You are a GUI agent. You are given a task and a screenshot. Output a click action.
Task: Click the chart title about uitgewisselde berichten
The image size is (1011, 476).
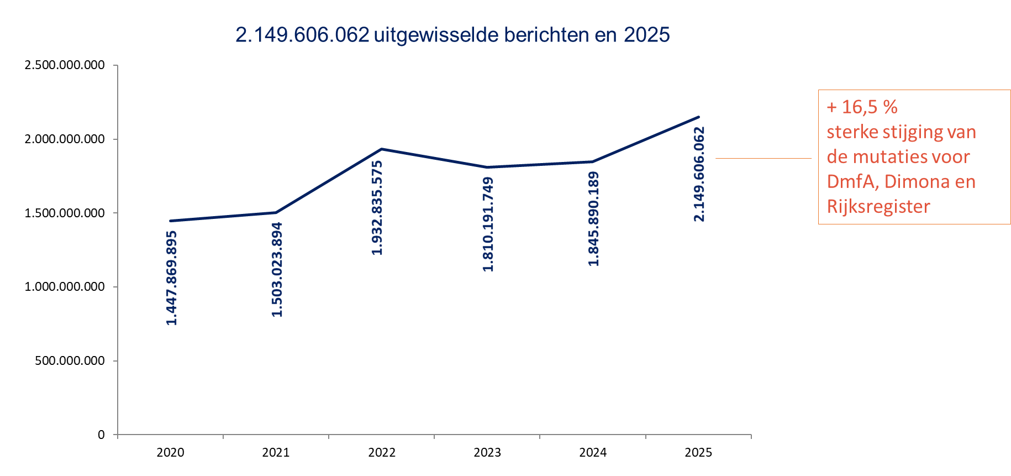[452, 35]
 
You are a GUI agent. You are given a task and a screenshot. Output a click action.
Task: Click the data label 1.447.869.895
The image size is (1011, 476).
[172, 278]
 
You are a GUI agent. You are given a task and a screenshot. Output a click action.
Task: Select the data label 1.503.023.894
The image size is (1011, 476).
[277, 269]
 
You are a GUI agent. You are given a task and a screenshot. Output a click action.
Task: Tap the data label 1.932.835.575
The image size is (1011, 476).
[377, 208]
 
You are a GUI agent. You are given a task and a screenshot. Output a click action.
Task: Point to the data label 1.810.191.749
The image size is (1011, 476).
[488, 224]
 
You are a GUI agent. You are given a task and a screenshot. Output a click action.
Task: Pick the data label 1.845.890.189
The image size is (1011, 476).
[594, 219]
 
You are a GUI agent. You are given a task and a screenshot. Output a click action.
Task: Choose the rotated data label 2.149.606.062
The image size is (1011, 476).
[699, 174]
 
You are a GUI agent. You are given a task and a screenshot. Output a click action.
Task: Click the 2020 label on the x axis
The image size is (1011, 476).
[170, 453]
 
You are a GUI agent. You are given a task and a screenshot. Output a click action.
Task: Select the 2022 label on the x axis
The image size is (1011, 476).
[382, 453]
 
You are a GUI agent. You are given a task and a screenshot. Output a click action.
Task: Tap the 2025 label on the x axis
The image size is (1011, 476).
[698, 453]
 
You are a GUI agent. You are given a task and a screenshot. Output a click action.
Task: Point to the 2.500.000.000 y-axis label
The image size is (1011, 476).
[65, 65]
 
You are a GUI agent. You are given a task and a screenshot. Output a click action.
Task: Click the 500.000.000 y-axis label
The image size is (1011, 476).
[70, 361]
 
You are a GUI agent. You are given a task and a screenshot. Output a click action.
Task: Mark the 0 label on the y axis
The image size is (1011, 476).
[101, 435]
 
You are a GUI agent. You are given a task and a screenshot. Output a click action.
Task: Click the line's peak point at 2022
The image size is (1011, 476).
[382, 149]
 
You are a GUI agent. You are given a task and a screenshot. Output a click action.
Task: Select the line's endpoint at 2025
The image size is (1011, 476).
[699, 117]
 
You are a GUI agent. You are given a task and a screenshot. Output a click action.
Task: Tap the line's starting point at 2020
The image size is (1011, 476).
[170, 221]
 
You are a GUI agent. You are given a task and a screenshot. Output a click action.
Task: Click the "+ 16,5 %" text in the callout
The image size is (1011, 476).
[862, 107]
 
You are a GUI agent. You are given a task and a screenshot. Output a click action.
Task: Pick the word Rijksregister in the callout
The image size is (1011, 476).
[878, 206]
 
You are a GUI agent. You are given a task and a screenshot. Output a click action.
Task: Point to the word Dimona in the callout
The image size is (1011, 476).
[919, 181]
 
